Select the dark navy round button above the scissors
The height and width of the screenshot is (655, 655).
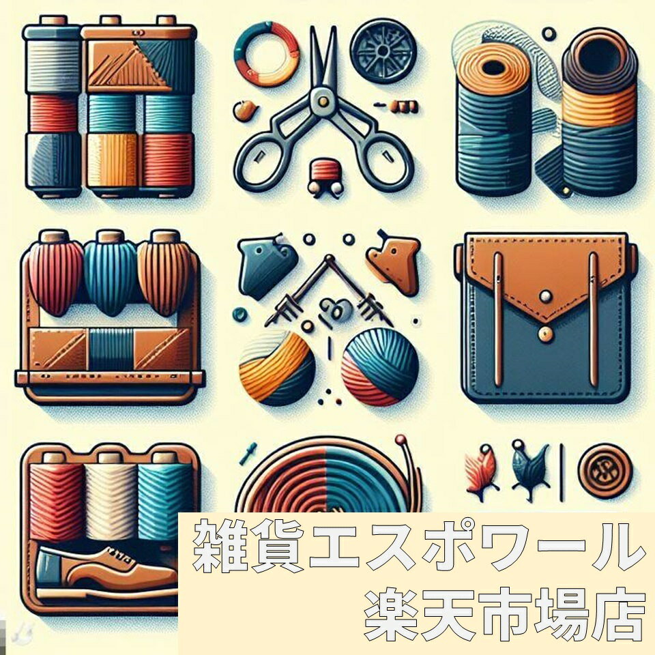(x=382, y=50)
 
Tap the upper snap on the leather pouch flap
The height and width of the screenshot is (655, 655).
(x=545, y=295)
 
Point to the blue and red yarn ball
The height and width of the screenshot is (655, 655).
(x=380, y=367)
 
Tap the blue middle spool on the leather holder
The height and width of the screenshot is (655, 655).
(x=110, y=270)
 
